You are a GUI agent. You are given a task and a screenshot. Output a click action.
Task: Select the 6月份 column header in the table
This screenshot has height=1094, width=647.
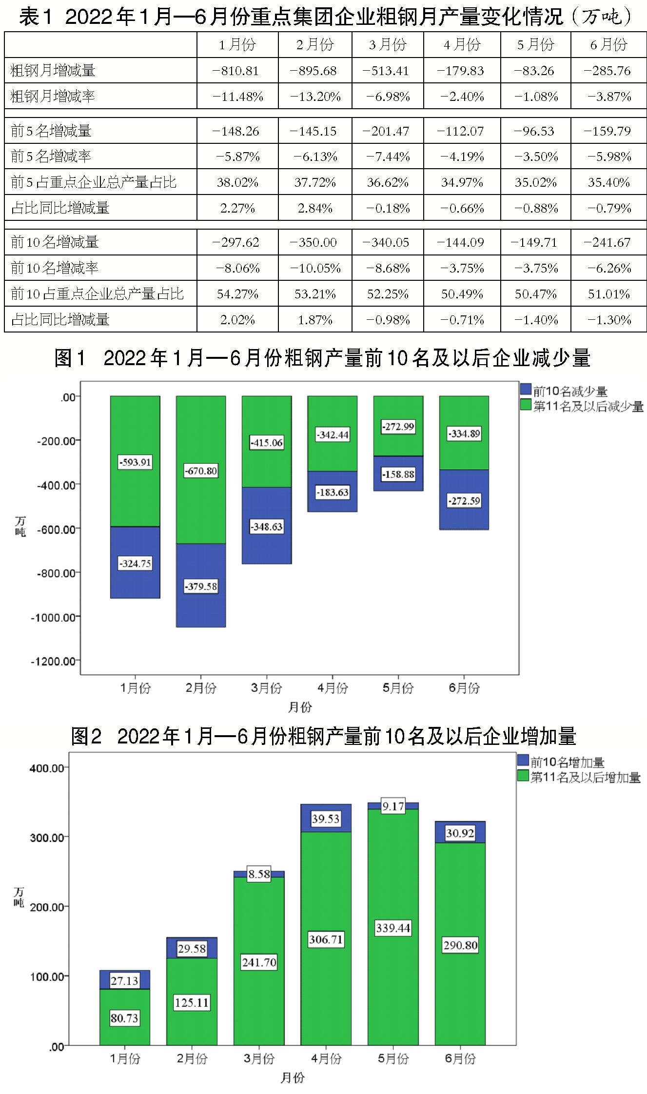(x=608, y=45)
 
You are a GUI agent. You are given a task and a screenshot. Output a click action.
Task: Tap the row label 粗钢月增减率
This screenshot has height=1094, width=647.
(x=53, y=96)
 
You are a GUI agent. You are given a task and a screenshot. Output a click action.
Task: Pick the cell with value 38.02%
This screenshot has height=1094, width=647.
(x=237, y=182)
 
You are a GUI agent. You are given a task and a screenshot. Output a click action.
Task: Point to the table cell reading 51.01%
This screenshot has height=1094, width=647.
(x=608, y=294)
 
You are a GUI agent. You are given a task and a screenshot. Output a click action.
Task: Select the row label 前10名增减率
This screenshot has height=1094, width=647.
(x=55, y=268)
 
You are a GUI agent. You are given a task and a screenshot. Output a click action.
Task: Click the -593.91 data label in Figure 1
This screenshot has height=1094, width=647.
(x=135, y=462)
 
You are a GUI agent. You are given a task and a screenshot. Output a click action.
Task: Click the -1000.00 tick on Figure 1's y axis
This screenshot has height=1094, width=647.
(x=54, y=617)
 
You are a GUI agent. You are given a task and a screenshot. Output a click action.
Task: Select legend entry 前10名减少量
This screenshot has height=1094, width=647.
(x=569, y=391)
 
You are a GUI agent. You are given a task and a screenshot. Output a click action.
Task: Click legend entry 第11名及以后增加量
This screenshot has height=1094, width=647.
(x=585, y=777)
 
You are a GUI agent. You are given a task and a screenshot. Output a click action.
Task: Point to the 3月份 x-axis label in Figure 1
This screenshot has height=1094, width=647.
(x=267, y=688)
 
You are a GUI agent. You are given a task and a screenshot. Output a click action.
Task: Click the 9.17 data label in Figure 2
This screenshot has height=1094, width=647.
(x=393, y=806)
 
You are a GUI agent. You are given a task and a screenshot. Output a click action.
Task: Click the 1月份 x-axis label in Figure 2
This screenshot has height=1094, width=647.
(x=125, y=1058)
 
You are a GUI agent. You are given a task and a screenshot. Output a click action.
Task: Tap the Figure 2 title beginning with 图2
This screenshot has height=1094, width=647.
(x=323, y=736)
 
